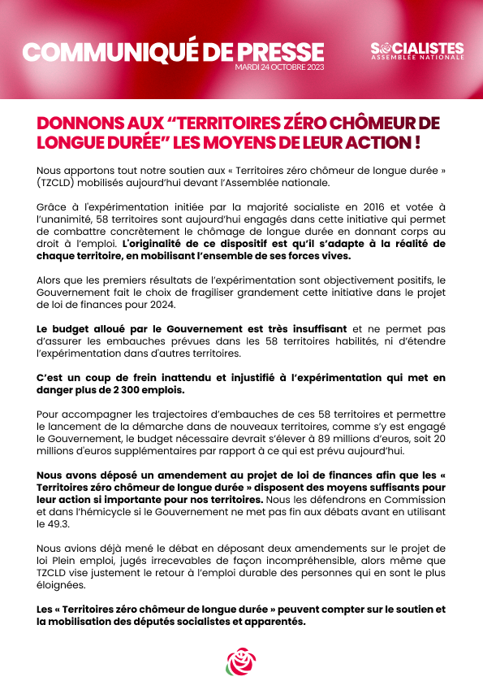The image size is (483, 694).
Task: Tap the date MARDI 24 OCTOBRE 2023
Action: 278,67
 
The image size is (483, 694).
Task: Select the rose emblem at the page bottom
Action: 241,661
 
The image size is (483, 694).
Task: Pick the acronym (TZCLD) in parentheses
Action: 59,184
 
